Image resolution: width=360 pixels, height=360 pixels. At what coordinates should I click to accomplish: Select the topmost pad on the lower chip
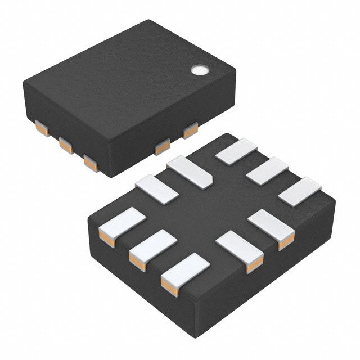[236, 151]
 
